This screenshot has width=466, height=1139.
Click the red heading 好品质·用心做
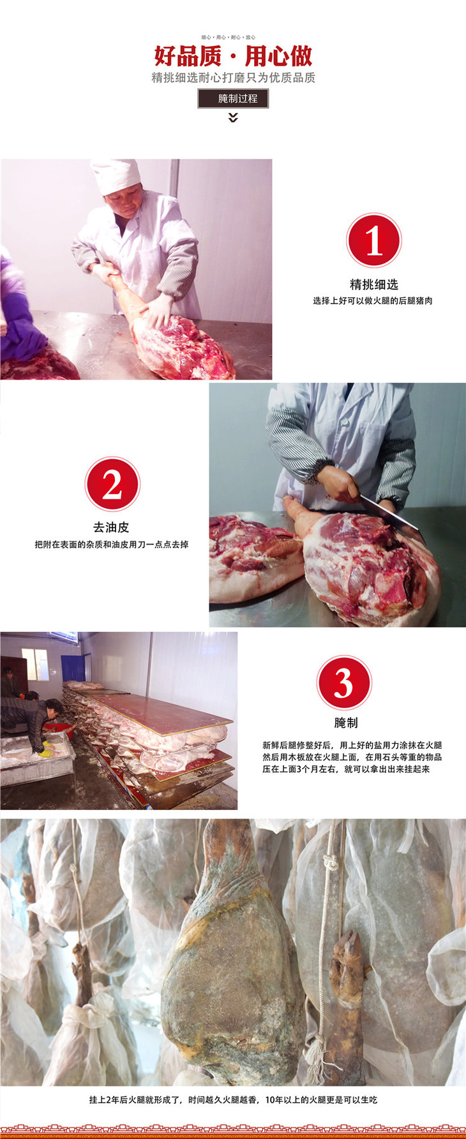point(233,56)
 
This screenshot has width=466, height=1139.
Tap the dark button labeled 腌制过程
point(233,98)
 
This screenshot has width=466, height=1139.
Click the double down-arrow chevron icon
point(233,117)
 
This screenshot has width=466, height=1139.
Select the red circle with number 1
point(374,241)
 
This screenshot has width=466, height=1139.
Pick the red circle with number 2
point(112,484)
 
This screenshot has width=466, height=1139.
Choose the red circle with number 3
point(345,683)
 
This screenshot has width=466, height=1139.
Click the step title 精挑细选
point(374,284)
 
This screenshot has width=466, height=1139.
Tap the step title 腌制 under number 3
point(346,723)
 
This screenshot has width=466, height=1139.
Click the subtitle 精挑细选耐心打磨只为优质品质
point(233,78)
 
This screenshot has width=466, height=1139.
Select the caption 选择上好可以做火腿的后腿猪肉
point(373,300)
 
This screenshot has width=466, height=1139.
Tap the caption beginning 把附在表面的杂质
point(112,545)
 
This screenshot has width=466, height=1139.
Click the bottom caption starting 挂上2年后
point(233,1099)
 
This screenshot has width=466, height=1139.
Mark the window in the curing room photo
point(34,665)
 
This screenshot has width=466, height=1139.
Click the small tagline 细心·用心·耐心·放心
point(229,38)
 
